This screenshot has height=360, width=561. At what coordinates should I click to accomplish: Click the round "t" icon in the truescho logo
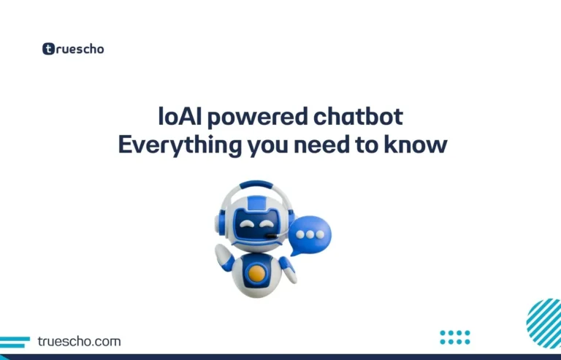(49, 50)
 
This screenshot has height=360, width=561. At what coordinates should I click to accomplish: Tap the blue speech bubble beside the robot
(310, 234)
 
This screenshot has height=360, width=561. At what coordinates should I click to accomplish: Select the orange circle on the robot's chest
(256, 275)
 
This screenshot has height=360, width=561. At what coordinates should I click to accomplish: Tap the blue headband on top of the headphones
(248, 185)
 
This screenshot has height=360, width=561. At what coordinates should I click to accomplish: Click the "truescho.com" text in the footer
(79, 341)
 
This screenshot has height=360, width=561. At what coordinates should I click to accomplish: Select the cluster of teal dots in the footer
(455, 337)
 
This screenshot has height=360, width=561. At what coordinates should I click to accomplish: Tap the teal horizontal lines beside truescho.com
(15, 341)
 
